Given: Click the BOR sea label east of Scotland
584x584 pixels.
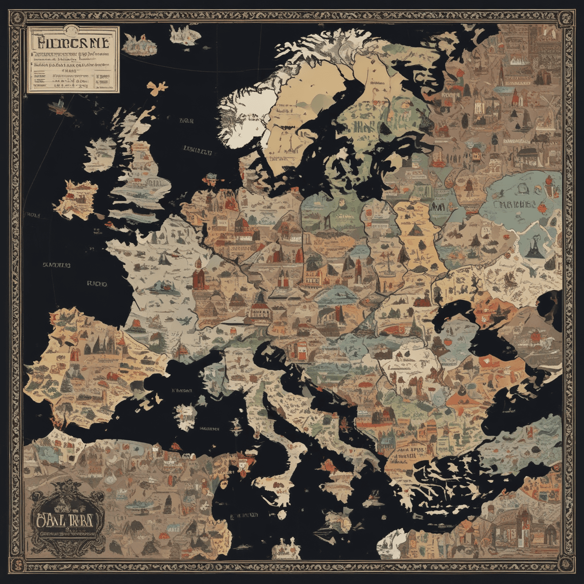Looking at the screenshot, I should coord(187,121).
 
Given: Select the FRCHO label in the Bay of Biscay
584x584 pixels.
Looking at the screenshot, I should coord(96,284).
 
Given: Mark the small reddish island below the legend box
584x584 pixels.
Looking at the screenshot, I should coord(59,106).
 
